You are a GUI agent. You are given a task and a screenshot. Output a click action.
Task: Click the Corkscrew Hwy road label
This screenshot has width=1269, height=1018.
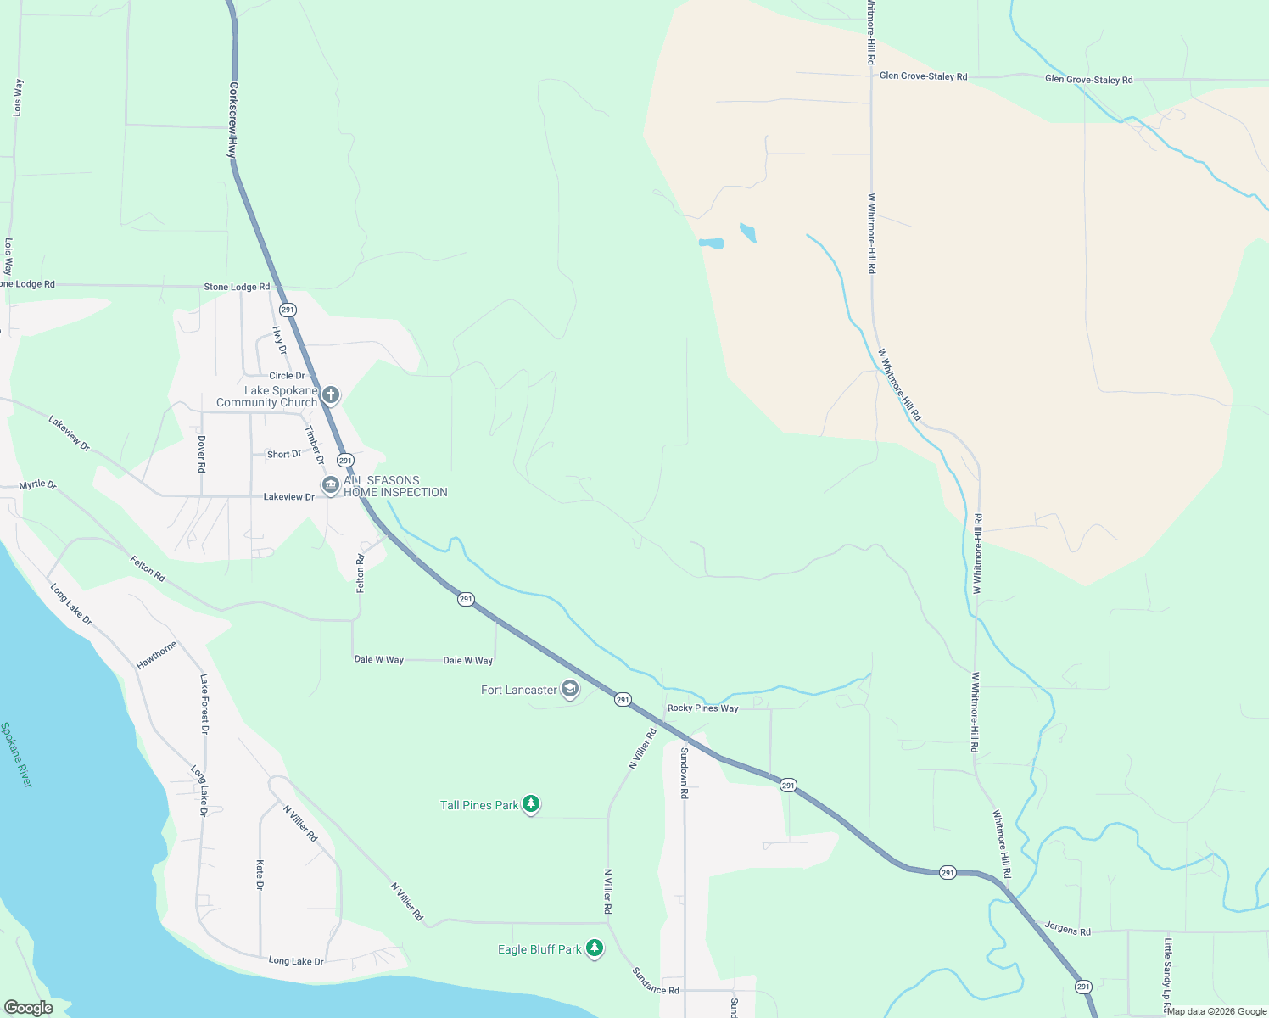click(232, 120)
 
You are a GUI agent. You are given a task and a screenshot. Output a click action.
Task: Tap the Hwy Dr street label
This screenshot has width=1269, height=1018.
click(279, 339)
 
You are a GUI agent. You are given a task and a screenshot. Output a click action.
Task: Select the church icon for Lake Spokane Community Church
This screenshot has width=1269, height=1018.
click(331, 394)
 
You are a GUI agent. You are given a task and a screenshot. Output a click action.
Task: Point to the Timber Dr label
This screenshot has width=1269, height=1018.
click(314, 445)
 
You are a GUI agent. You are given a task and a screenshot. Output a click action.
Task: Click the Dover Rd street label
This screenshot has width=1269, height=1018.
click(201, 454)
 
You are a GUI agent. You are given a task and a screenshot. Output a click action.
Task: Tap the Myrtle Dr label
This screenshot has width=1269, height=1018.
click(38, 485)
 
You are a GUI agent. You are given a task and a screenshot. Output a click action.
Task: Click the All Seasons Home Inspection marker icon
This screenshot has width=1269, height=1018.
click(330, 485)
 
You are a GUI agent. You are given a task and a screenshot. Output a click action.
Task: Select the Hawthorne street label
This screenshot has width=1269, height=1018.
click(157, 655)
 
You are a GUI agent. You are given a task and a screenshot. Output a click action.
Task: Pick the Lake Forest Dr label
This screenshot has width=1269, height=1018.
click(204, 703)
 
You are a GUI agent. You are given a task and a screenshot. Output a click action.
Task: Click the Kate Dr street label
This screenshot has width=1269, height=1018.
click(260, 875)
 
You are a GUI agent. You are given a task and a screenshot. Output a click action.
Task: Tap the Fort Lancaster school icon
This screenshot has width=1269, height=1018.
click(570, 690)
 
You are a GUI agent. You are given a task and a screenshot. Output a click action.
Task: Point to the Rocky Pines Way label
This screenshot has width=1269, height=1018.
click(702, 708)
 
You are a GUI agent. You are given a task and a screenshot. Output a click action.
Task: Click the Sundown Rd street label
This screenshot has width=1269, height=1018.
click(684, 772)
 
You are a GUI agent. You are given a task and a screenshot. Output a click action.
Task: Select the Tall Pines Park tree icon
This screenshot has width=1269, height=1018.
click(531, 804)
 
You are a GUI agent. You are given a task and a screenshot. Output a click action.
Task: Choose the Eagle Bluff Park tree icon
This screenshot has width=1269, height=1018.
click(595, 948)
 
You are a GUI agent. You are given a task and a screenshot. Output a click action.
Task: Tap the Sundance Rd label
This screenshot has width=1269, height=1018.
click(656, 981)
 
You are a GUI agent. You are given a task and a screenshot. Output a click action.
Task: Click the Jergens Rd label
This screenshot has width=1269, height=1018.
click(1067, 930)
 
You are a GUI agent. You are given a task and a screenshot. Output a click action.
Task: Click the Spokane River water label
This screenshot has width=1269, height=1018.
click(16, 755)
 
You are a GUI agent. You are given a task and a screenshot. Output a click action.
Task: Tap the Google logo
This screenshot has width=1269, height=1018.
click(28, 1008)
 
